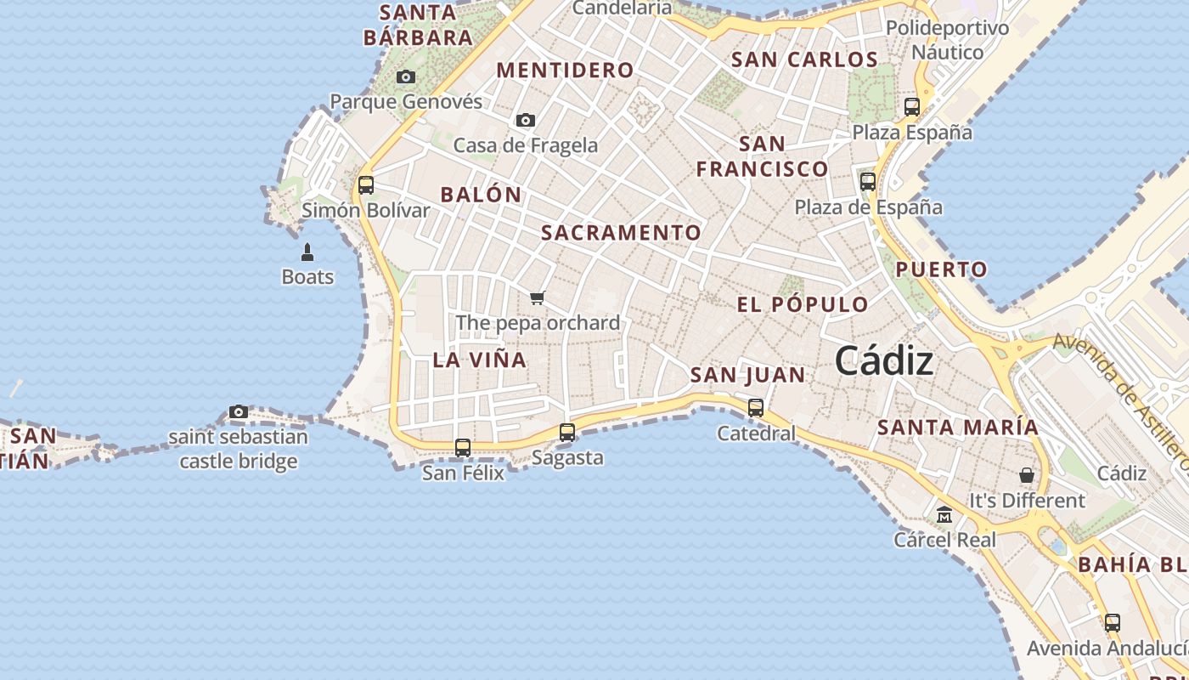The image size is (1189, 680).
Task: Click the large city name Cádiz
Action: pos(884,361)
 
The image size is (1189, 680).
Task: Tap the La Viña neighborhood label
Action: pos(480,360)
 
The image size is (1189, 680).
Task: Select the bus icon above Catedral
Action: pos(756,408)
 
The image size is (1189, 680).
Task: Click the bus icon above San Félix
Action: pos(463,447)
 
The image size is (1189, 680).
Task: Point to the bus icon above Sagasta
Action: pos(567,432)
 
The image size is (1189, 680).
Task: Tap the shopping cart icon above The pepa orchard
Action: pos(537,297)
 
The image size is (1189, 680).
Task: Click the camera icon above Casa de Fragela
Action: pos(526,120)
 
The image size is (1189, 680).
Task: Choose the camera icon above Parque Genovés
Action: pos(406,77)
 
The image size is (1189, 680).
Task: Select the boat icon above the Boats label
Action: pos(307,252)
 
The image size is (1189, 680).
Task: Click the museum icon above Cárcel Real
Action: pos(944,515)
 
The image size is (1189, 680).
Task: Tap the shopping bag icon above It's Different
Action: pos(1027,475)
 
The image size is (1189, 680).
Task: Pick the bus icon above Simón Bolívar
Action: pos(366,184)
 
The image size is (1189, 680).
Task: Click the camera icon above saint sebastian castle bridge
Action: pos(239,412)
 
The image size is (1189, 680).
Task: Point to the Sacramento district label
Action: pos(622,233)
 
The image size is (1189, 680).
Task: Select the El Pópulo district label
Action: pos(803,305)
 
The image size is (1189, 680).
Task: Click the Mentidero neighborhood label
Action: pos(565,71)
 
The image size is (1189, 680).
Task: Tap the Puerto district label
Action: pos(942,270)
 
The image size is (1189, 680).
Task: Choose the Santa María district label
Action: pos(958,428)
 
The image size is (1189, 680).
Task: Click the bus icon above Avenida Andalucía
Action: pos(1113,622)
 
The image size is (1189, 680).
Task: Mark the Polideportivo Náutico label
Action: pos(947,40)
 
